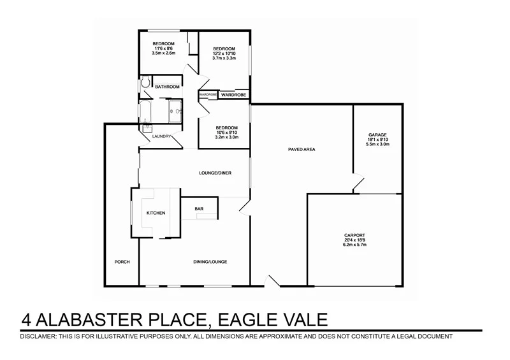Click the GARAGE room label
pos(378,134)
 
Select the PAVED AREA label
pos(303,150)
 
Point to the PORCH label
pos(122,262)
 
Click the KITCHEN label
pos(156,213)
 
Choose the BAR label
pos(198,208)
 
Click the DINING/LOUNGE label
pos(210,262)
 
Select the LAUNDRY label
pos(161,136)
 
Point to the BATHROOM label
pos(168,87)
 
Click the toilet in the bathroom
pos(146,83)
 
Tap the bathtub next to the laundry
pos(145,113)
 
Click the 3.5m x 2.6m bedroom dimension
pos(163,53)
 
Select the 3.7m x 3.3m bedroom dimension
pos(224,59)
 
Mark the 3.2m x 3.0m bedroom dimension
pos(227,137)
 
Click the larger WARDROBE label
pos(234,94)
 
